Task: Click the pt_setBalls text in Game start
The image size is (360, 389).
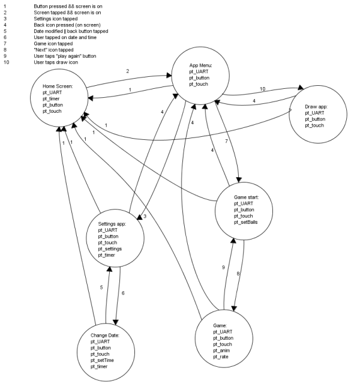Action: tap(250, 223)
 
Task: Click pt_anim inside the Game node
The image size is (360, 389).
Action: tap(222, 349)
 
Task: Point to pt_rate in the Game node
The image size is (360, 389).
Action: tap(221, 357)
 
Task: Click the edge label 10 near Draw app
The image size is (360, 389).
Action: tap(262, 89)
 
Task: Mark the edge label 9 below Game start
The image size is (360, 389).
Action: tap(224, 267)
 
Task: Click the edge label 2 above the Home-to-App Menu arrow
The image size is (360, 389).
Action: tap(127, 71)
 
